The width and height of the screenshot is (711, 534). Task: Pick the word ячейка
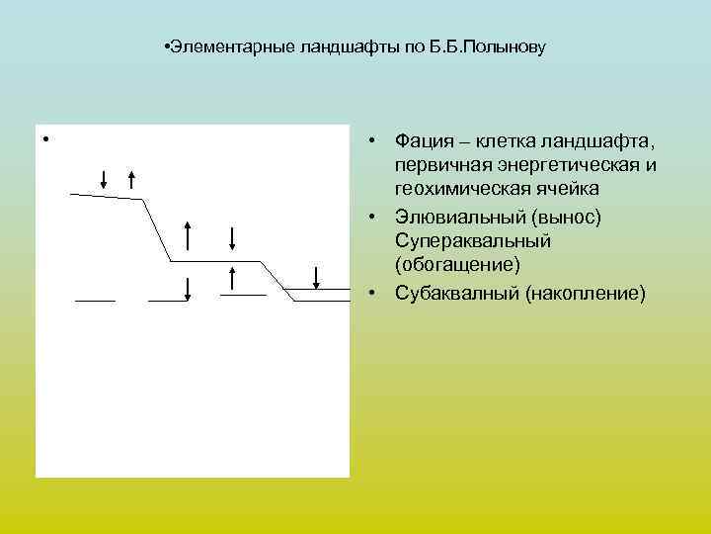(x=560, y=188)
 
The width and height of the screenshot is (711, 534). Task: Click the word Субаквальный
(x=457, y=293)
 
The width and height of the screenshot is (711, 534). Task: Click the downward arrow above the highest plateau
(x=105, y=178)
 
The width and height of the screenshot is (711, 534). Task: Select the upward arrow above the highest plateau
(x=131, y=179)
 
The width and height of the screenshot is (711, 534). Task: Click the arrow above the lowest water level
(x=315, y=277)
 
